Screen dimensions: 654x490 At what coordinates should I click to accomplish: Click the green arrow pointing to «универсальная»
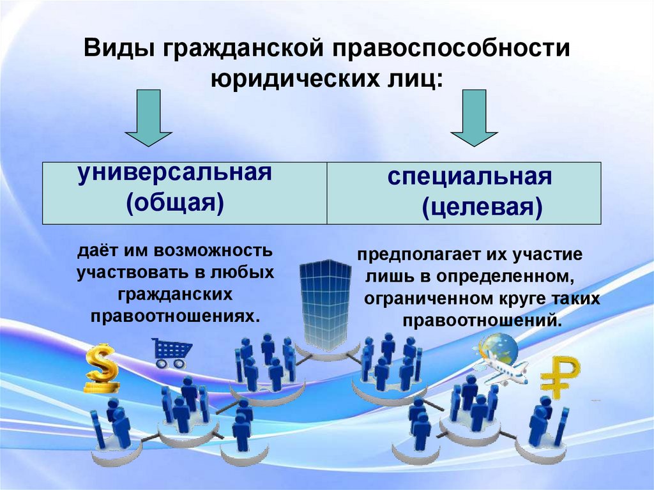pos(148,119)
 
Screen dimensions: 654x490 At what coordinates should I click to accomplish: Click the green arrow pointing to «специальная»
pos(473,119)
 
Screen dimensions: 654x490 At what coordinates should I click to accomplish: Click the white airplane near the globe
pos(505,369)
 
